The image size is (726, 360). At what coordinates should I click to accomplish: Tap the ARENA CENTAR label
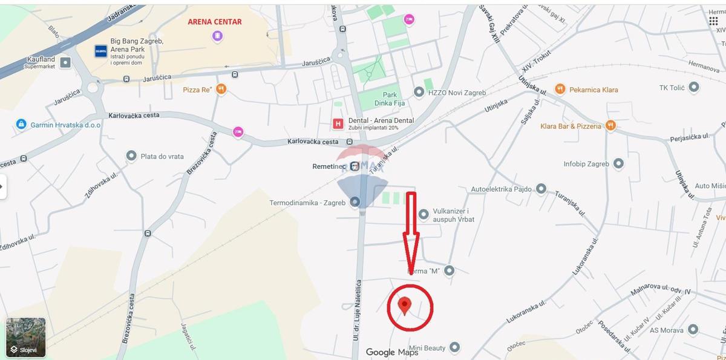[215, 22]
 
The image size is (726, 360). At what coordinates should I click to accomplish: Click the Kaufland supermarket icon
[66, 62]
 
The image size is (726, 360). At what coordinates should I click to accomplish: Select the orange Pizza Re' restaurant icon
[221, 90]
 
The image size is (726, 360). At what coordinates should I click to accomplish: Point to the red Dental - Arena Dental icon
[338, 124]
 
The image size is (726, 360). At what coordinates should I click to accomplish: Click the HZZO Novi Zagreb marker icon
[419, 93]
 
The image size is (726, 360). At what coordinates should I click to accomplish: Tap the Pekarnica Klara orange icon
[560, 90]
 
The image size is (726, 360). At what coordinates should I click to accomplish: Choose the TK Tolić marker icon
[695, 88]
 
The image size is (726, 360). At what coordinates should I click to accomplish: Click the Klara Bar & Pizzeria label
[571, 126]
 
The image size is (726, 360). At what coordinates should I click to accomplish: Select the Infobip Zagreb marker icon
[618, 163]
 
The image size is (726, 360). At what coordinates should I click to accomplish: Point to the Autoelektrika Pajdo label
[501, 189]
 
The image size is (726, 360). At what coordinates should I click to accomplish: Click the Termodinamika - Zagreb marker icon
[355, 202]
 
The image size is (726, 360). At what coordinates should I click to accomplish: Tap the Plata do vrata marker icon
[131, 156]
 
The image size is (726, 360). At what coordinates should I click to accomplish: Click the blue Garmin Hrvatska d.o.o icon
[21, 125]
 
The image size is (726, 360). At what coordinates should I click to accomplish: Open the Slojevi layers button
[26, 338]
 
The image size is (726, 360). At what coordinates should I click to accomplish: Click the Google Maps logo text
[392, 352]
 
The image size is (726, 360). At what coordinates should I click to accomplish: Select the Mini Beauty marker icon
[455, 348]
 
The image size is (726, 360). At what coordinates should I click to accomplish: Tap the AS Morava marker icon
[693, 330]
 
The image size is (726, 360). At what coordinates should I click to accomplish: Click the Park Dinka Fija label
[390, 99]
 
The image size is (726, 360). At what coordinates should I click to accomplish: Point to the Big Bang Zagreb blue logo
[100, 51]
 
